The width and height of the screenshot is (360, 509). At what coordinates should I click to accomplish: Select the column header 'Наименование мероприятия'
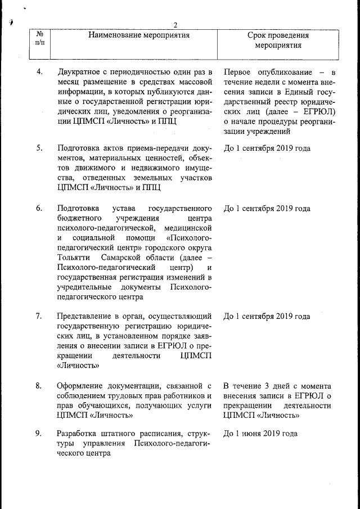point(138,35)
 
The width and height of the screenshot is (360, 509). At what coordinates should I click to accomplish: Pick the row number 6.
point(39,209)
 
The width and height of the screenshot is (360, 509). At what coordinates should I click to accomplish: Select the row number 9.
point(39,434)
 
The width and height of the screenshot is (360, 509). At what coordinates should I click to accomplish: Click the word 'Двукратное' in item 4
point(80,73)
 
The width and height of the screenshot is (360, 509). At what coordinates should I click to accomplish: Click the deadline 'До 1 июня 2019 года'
point(260,434)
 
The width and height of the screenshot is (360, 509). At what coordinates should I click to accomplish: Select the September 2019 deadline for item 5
point(267,148)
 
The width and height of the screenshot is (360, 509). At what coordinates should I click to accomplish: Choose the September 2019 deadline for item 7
point(267,316)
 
